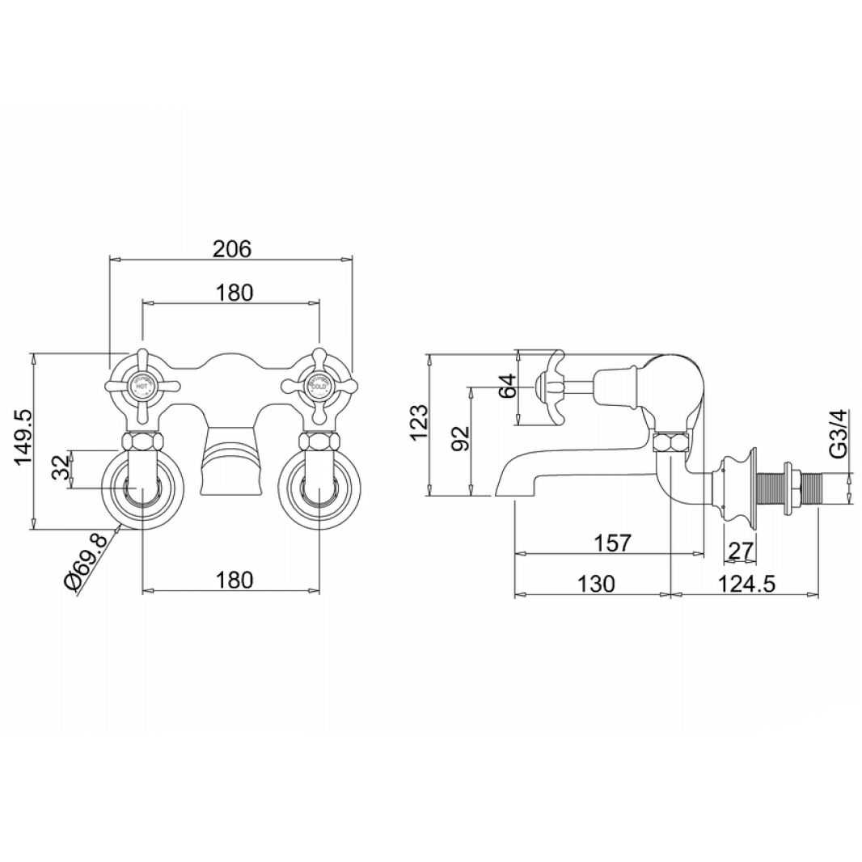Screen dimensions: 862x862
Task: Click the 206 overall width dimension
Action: pos(232,248)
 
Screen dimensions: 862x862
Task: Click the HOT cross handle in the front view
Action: pos(142,387)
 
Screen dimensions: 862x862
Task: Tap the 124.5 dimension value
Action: pos(746,583)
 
